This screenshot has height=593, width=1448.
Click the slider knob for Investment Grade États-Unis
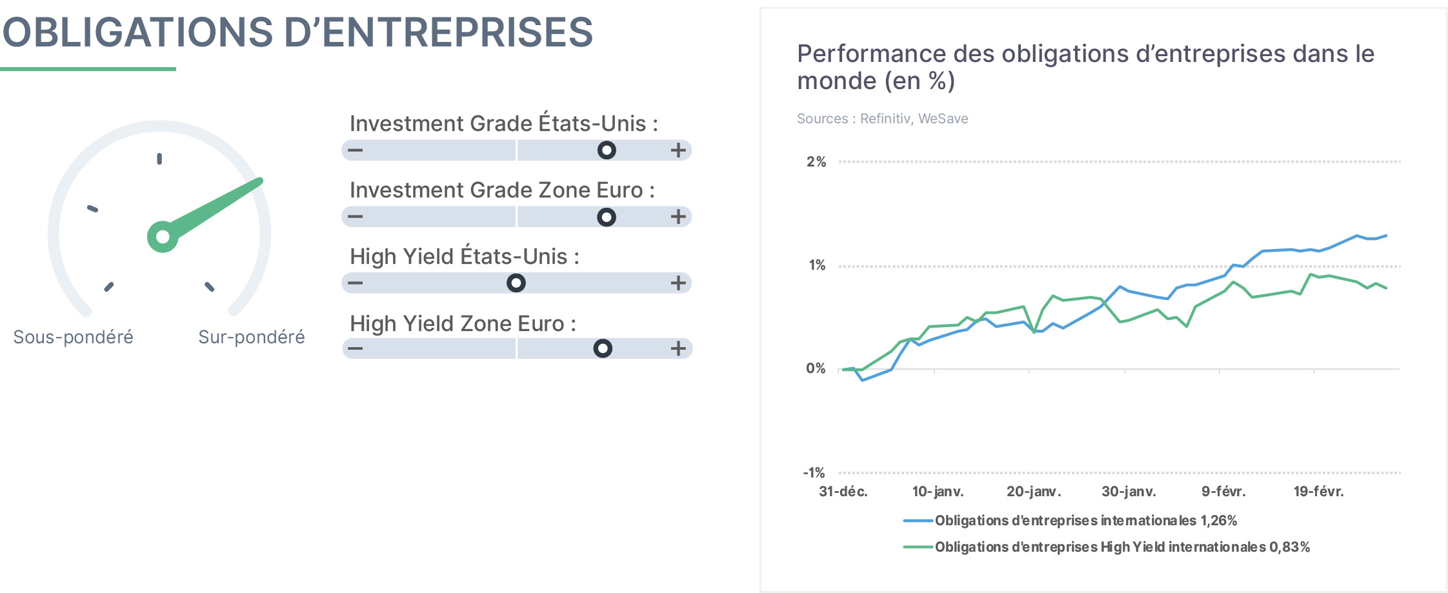coord(607,150)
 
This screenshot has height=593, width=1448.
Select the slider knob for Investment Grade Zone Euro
coord(607,217)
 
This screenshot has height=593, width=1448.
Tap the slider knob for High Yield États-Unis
coord(516,283)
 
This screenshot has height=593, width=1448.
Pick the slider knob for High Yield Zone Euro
coord(603,348)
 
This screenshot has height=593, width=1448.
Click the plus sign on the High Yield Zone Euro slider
coord(678,348)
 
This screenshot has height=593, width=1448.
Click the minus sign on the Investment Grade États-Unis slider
coord(356,150)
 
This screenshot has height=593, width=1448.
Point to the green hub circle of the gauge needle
coord(163,237)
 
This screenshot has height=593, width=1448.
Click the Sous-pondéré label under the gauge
coord(74,337)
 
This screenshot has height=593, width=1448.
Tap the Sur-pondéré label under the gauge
coord(252,337)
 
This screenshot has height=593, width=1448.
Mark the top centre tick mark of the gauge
coord(159,159)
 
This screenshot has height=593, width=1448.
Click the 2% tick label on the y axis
coord(816,162)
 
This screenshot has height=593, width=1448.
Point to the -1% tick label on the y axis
coord(814,473)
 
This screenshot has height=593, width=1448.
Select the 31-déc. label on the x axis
coord(843,492)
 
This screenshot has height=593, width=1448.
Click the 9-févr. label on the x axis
coord(1223,492)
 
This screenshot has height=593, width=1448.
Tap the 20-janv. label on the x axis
coord(1034,492)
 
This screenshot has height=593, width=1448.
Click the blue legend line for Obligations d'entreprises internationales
coord(918,521)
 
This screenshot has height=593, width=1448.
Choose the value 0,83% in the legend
coord(1290,547)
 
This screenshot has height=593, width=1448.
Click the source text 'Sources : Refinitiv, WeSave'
coord(883,119)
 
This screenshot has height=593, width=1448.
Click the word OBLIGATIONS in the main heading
coord(138,32)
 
